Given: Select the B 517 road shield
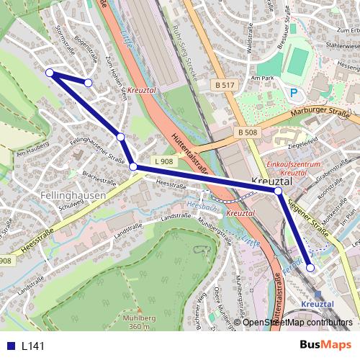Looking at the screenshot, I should tap(225, 85).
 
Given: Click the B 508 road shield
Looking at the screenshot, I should tap(247, 132).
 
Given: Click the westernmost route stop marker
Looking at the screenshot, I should tap(50, 73).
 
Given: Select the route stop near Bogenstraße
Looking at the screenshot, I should tap(88, 83).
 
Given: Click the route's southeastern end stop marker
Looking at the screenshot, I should tap(310, 267).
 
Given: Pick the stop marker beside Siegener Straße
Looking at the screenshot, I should tap(278, 192).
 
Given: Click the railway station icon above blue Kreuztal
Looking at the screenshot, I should tap(318, 294).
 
